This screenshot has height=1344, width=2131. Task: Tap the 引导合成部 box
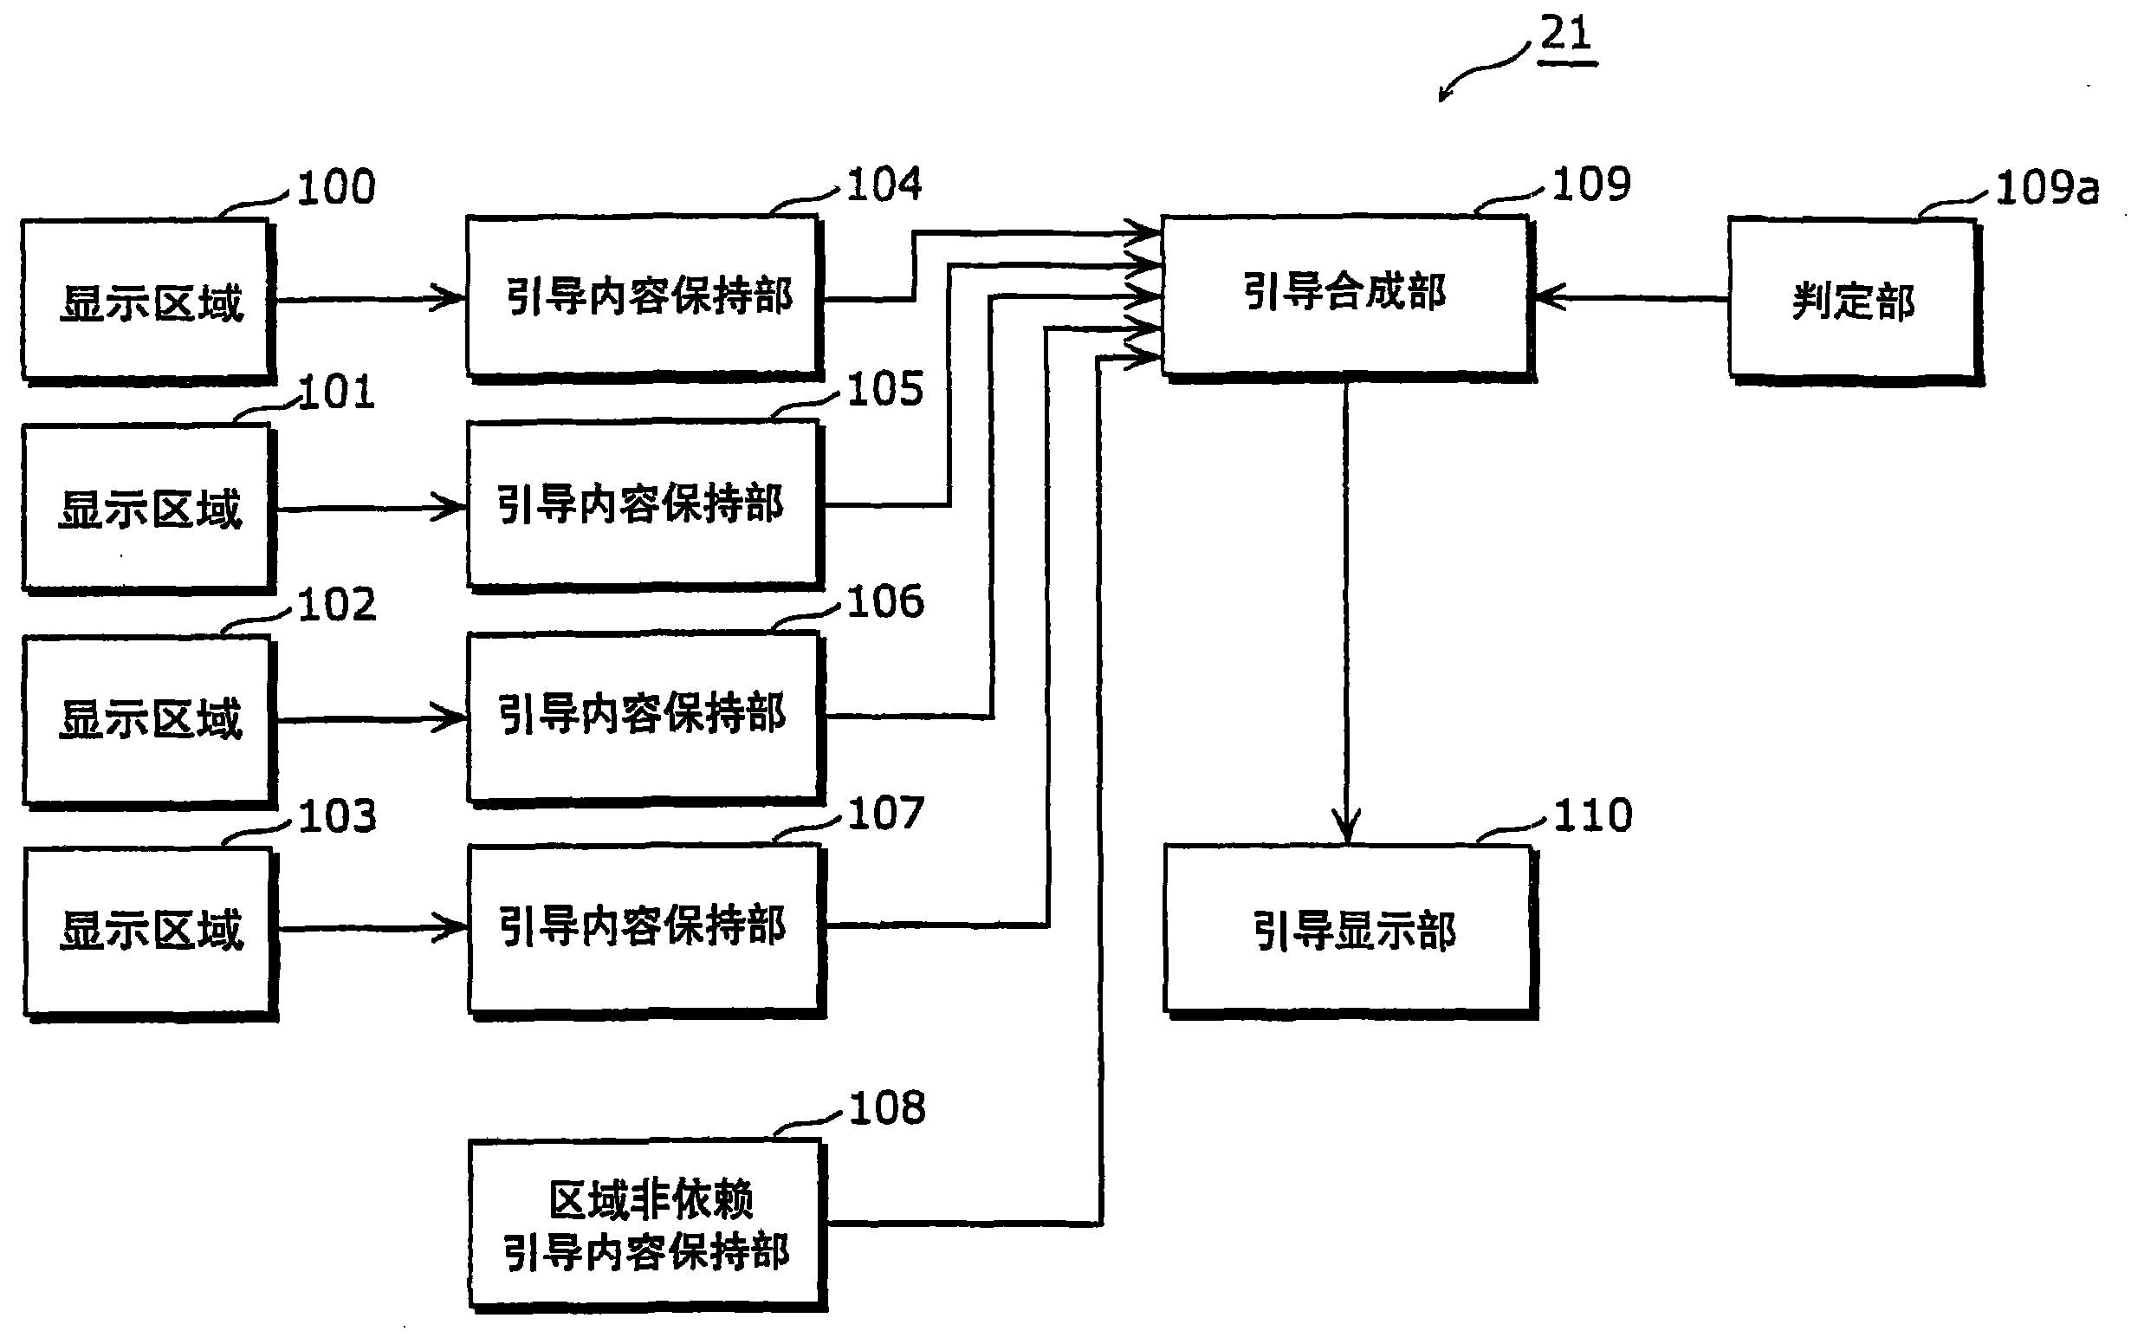pyautogui.click(x=1345, y=295)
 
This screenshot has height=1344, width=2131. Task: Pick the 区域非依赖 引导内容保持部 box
pyautogui.click(x=647, y=1224)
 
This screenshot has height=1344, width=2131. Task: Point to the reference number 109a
pyautogui.click(x=2047, y=188)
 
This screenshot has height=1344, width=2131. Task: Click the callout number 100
pyautogui.click(x=336, y=188)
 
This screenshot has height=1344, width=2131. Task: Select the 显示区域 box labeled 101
pyautogui.click(x=147, y=507)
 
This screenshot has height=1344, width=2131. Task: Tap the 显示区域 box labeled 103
pyautogui.click(x=149, y=930)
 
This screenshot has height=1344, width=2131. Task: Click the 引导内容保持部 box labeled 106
pyautogui.click(x=644, y=716)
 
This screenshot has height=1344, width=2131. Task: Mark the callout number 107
pyautogui.click(x=885, y=813)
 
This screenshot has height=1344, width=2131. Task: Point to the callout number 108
pyautogui.click(x=887, y=1107)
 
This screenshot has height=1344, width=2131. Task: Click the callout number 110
pyautogui.click(x=1592, y=815)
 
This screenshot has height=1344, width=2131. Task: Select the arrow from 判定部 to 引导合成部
pyautogui.click(x=1629, y=298)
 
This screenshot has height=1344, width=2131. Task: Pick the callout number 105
pyautogui.click(x=885, y=390)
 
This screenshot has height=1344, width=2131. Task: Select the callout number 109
pyautogui.click(x=1591, y=185)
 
